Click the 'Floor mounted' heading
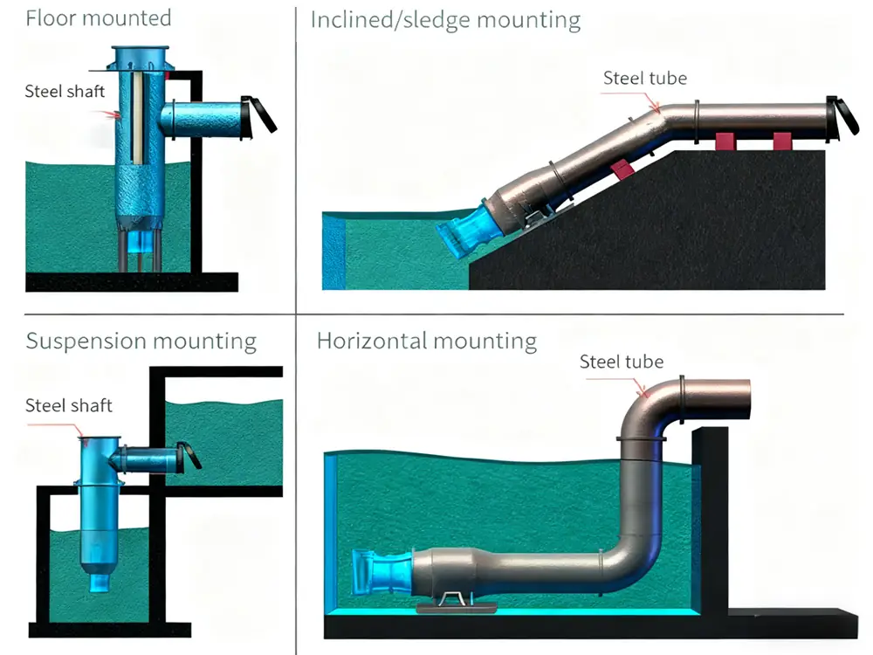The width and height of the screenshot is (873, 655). tap(99, 18)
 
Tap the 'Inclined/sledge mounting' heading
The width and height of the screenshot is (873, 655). tap(445, 20)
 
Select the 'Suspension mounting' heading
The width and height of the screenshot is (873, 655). tap(141, 341)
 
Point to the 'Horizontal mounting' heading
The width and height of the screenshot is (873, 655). tap(427, 341)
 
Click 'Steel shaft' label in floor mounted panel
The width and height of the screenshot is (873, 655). tap(65, 91)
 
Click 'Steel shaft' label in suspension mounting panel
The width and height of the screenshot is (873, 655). tap(69, 405)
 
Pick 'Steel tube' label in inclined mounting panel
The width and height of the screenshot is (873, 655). tap(645, 79)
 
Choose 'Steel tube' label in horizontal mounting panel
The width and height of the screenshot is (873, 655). tap(622, 362)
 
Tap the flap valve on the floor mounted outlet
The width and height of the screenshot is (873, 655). tap(258, 114)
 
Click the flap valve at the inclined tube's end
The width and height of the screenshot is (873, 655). tap(842, 116)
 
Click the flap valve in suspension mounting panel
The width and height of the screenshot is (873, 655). tap(189, 455)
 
